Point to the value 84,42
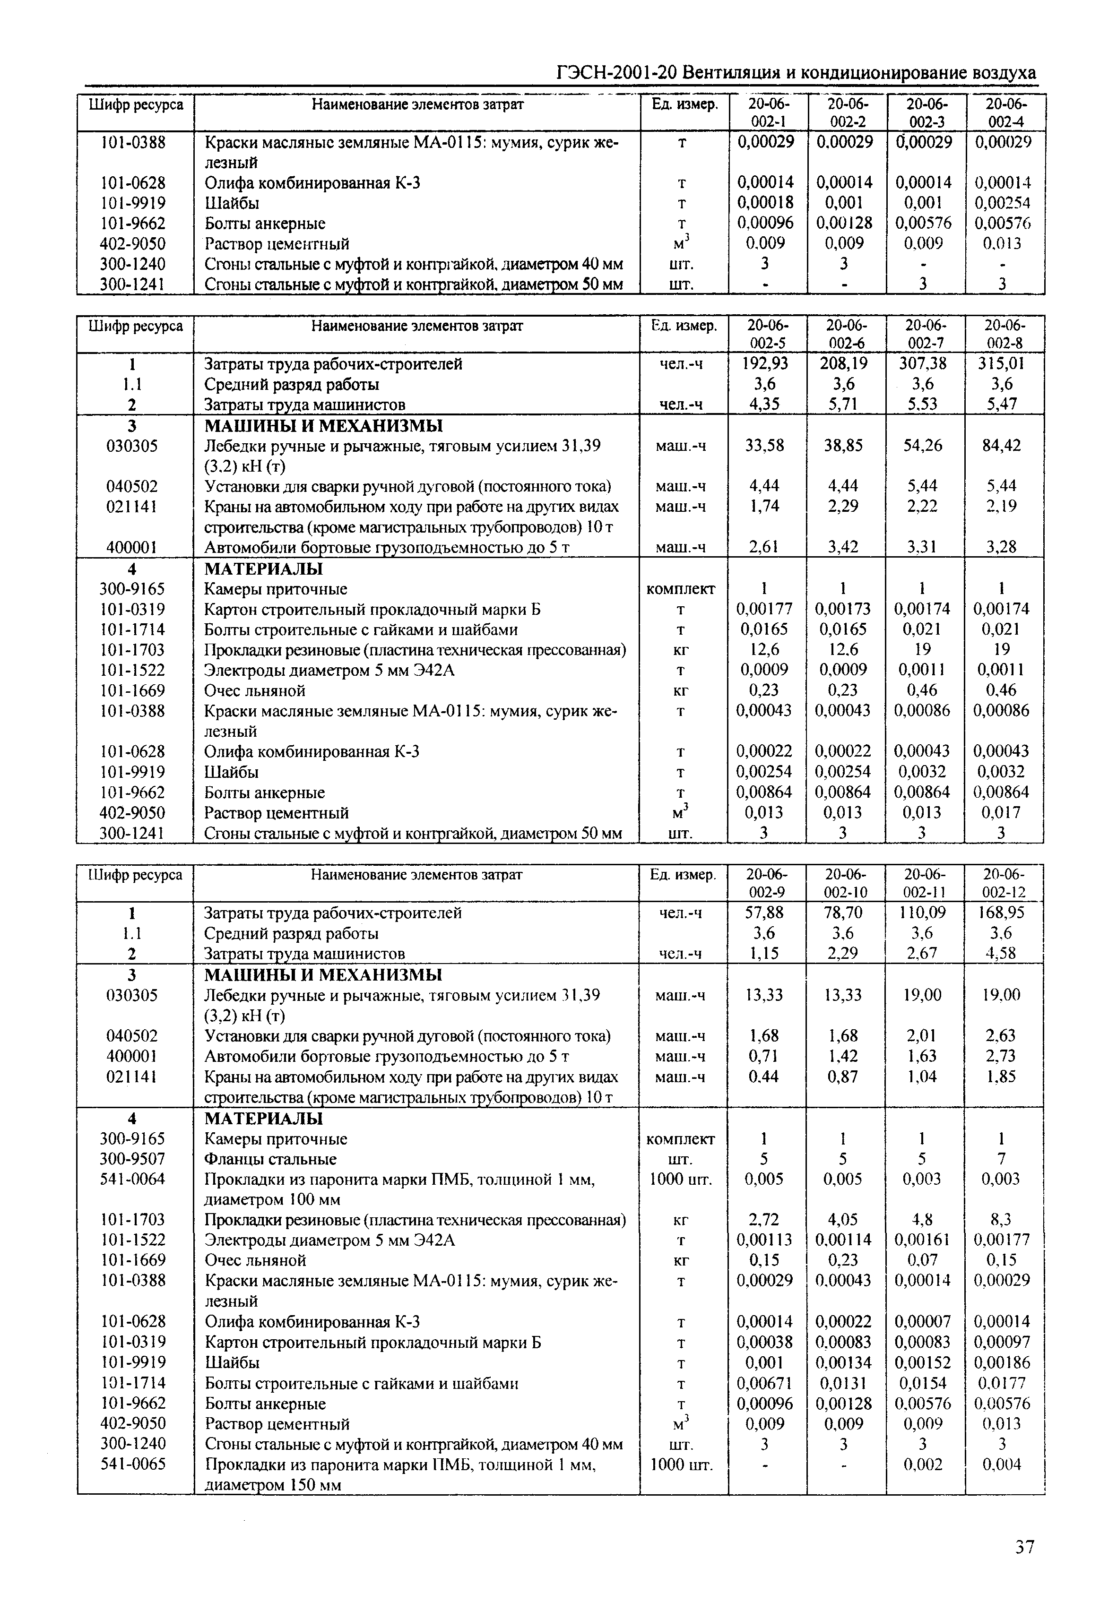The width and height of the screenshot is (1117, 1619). [1002, 446]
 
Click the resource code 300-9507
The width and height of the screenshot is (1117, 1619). [133, 1159]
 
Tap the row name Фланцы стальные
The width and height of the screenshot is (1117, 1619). [270, 1159]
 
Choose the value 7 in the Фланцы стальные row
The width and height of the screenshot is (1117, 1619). [1002, 1159]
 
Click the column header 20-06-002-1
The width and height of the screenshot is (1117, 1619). [768, 112]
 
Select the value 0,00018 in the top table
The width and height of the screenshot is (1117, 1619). [766, 203]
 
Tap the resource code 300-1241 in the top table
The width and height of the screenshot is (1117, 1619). [133, 284]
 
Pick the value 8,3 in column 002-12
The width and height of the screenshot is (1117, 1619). [1002, 1220]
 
